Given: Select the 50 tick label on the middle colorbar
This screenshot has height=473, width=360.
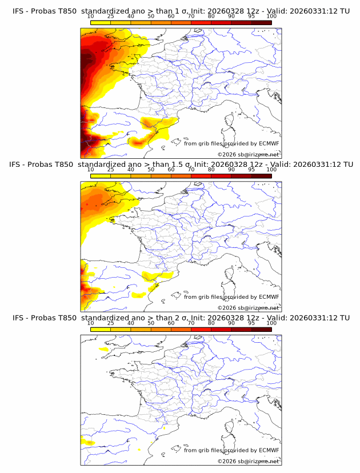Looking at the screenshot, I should (x=151, y=170).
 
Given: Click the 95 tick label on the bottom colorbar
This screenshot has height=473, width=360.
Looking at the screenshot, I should (x=251, y=323).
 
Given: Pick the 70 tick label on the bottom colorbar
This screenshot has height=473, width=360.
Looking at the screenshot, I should (x=191, y=323).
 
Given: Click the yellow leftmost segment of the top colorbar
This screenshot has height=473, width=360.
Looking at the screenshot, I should (x=101, y=23).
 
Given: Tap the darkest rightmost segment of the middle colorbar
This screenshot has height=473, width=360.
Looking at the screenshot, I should (x=261, y=176).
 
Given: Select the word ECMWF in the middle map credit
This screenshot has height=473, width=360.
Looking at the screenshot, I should (x=269, y=296).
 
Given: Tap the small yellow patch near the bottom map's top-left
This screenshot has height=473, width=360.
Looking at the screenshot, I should (x=104, y=348).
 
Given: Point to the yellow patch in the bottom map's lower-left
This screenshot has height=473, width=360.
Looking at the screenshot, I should (x=88, y=442).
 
